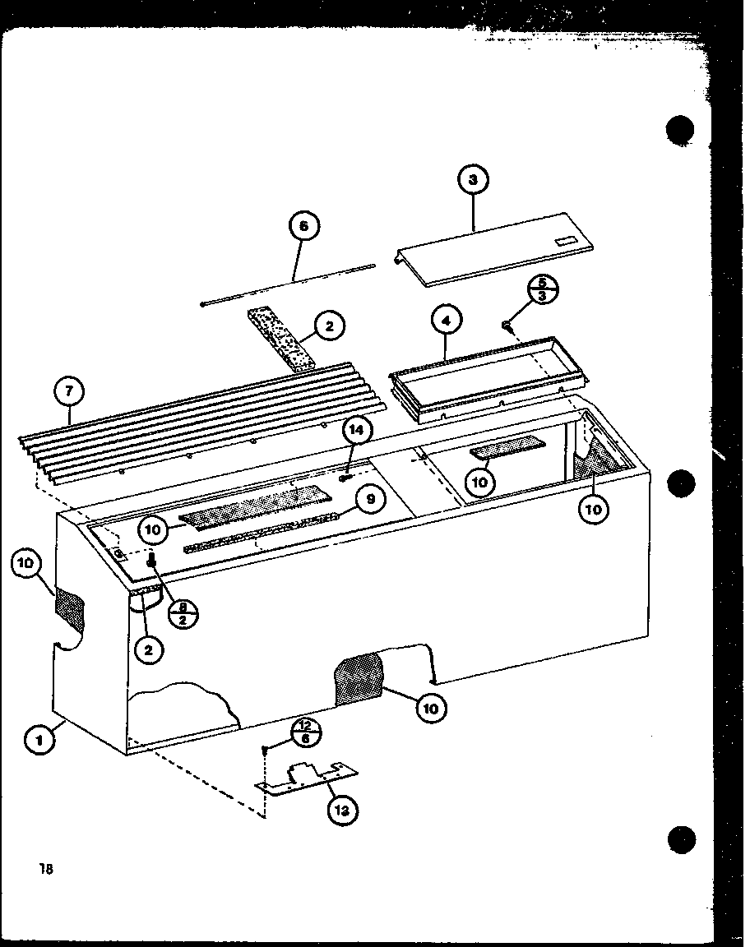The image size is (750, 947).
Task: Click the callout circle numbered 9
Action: coord(370,497)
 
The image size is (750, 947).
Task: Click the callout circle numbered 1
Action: coord(39,740)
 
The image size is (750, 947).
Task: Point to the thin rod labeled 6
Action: coord(288,284)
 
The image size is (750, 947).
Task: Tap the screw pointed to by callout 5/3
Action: coord(508,327)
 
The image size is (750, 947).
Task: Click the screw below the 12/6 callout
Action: coord(266,750)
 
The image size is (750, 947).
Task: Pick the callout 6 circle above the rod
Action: coord(303,227)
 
